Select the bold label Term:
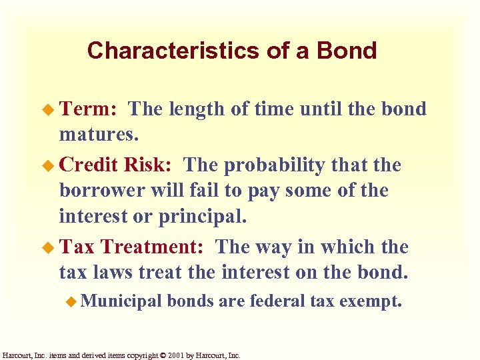(89, 109)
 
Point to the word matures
(99, 135)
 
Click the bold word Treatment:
(153, 247)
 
